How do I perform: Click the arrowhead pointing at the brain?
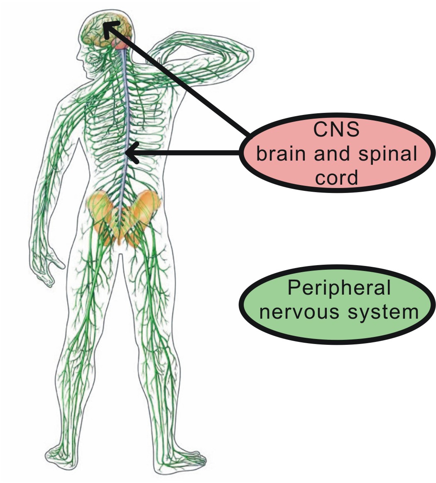coord(109,30)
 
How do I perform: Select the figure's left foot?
coord(62,454)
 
